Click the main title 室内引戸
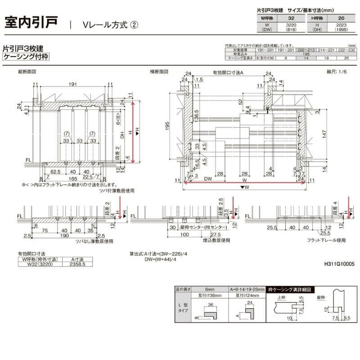click(x=31, y=22)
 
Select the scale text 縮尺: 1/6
click(x=337, y=72)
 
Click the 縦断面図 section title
click(x=27, y=72)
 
